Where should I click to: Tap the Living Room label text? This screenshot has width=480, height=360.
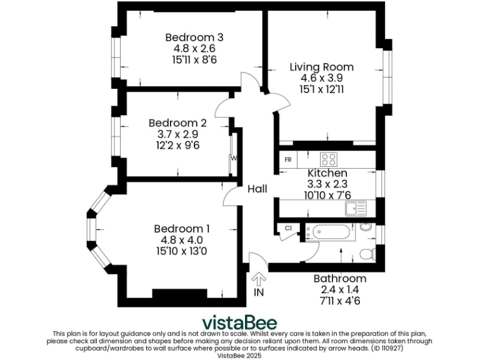(322, 67)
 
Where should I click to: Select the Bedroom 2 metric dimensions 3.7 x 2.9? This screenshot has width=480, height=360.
(177, 134)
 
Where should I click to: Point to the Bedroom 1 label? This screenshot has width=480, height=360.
(182, 229)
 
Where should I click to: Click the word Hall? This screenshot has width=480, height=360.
(257, 189)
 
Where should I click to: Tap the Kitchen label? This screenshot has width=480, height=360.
(327, 172)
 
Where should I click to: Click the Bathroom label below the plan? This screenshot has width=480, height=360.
(340, 278)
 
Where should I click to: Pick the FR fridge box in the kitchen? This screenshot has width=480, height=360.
(288, 159)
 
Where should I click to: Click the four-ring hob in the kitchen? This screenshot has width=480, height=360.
(329, 159)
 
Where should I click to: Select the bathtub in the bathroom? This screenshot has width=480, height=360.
(327, 233)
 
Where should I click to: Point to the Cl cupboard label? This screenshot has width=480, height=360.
(288, 229)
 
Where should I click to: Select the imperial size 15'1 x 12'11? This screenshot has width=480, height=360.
(322, 89)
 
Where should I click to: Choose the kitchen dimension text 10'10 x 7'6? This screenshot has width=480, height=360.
(327, 195)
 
